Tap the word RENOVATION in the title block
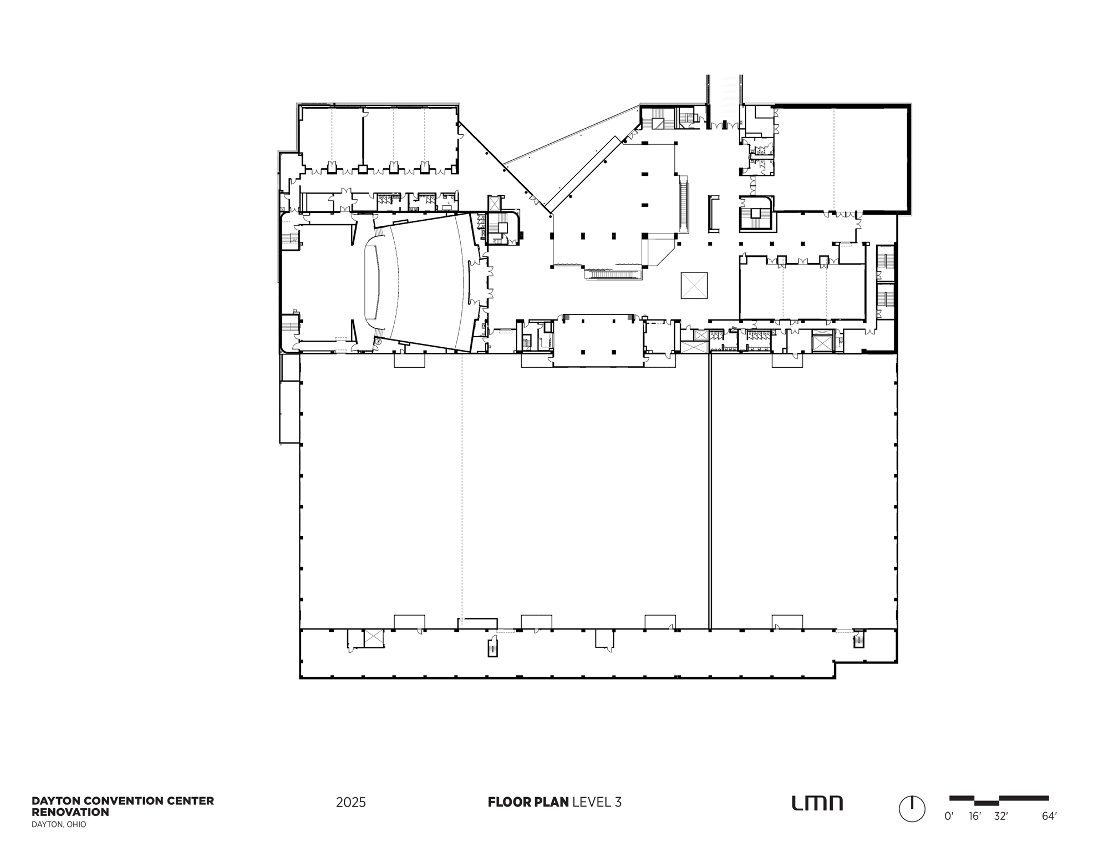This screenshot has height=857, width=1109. click(x=70, y=812)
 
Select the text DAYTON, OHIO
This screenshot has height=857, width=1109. click(x=59, y=825)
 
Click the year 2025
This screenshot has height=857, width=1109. click(x=351, y=803)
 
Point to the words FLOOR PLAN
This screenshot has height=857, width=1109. click(x=528, y=802)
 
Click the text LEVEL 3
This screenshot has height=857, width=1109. click(x=597, y=802)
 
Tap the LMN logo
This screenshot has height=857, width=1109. click(x=817, y=803)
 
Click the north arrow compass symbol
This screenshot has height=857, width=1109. click(x=912, y=809)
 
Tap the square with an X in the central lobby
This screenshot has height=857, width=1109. click(x=694, y=285)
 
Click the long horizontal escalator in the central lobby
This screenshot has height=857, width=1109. click(x=613, y=274)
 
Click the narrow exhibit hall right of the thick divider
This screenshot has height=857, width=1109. click(x=804, y=491)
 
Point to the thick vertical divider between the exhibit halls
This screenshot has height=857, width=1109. click(x=710, y=491)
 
